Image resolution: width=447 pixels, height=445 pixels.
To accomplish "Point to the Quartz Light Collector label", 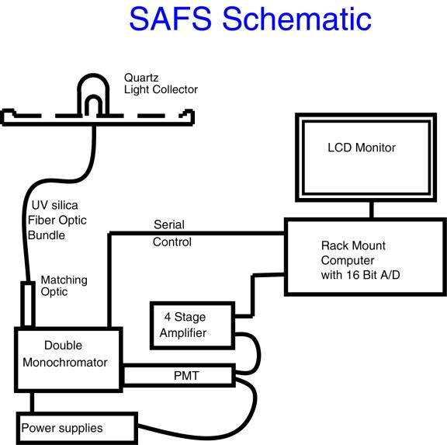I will coord(161,84).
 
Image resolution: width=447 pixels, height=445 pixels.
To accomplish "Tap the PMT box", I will coord(178,377).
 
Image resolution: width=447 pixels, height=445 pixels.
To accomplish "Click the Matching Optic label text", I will coord(64,286).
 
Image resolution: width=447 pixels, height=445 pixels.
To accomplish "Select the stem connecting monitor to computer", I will coord(372,209).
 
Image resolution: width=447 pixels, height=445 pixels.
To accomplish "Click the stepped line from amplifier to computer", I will coord(250,291).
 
